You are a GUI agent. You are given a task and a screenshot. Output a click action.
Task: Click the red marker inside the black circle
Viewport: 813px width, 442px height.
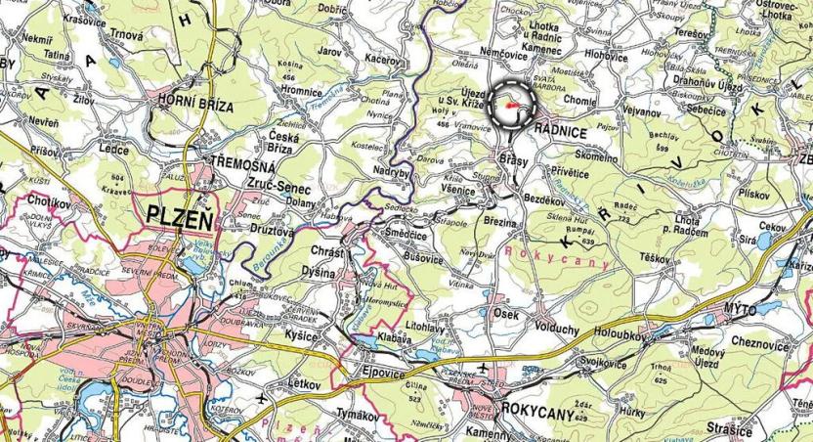coord(510,94)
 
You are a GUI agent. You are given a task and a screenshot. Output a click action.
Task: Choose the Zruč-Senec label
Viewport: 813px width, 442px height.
coord(250,183)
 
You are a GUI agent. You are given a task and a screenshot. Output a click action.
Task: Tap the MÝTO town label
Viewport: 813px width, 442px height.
coord(742,309)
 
